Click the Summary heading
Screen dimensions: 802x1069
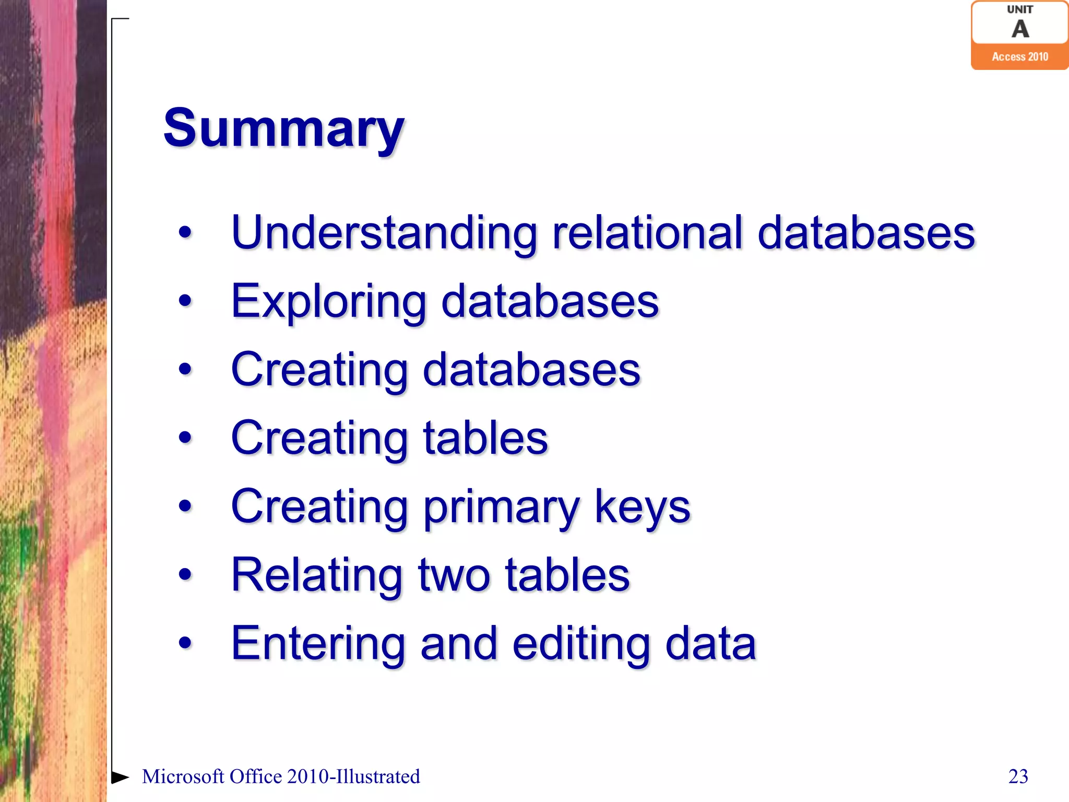(x=283, y=129)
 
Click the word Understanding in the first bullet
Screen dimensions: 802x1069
(x=384, y=233)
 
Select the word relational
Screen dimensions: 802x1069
(x=647, y=233)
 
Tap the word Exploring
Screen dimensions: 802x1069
(x=329, y=302)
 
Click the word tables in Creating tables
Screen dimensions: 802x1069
(x=485, y=438)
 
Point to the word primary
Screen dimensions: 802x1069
(x=502, y=507)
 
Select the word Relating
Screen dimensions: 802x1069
(x=316, y=575)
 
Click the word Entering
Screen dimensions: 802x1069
(x=318, y=643)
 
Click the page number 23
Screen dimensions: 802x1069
(x=1018, y=776)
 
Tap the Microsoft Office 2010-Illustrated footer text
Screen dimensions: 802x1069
(x=281, y=776)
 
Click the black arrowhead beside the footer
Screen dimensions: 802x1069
(x=120, y=777)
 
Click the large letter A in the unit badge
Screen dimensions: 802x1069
(x=1020, y=29)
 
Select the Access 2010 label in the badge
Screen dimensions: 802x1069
(x=1019, y=57)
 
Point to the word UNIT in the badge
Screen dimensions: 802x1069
(x=1019, y=9)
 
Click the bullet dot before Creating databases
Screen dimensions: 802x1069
(x=185, y=369)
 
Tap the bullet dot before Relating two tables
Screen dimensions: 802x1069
(x=185, y=574)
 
